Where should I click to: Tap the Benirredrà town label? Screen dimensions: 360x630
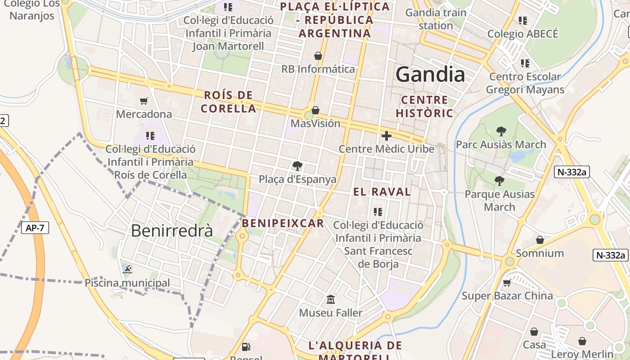pos(171,230)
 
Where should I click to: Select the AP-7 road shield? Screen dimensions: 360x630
pos(35,228)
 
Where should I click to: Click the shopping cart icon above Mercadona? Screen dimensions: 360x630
pos(144,101)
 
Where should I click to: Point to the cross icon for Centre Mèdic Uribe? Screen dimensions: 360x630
pos(386,135)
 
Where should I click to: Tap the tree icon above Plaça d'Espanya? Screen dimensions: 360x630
pos(297,166)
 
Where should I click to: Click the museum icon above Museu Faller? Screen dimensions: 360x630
pos(331,299)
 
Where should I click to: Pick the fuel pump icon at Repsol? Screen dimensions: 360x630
pos(246,346)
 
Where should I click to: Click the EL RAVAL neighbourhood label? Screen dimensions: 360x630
pos(382,192)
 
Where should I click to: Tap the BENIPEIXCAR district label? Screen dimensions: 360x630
pos(283,223)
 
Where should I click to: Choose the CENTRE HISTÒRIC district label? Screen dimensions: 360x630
pos(424,107)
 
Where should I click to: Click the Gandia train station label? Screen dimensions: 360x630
pos(435,19)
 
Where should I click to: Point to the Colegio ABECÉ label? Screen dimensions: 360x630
pos(523,34)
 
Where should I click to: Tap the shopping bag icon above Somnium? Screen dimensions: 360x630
pos(540,240)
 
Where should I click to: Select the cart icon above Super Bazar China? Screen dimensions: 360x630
pos(507,283)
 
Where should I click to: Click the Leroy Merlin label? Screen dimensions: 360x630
pos(582,354)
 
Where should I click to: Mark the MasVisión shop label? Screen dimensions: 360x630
pos(315,123)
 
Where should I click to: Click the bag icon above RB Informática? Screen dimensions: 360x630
pos(318,56)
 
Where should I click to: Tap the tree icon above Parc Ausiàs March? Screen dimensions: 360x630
pos(501,131)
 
